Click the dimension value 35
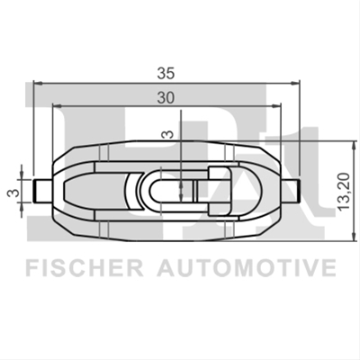(166, 73)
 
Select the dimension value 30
(166, 97)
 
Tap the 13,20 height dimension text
(344, 191)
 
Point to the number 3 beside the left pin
(13, 193)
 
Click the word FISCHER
(85, 268)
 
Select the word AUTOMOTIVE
(247, 268)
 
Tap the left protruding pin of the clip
(42, 191)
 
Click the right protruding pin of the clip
(291, 191)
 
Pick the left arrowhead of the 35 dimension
(37, 83)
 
